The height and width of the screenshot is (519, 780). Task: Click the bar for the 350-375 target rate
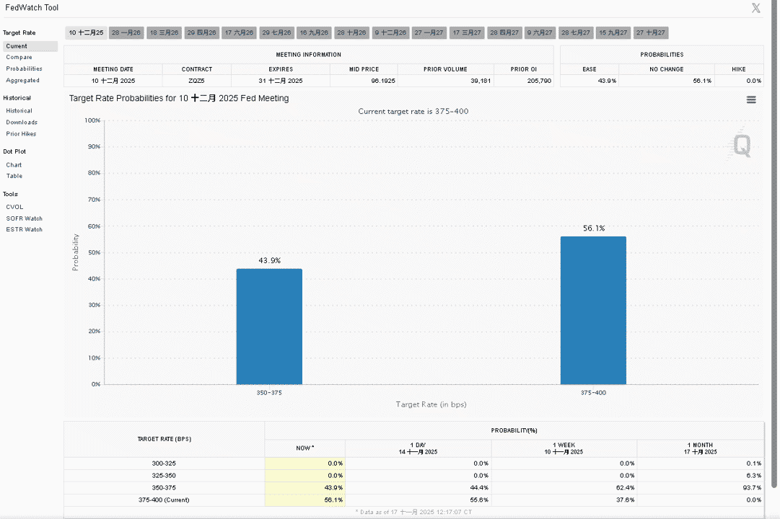tap(269, 327)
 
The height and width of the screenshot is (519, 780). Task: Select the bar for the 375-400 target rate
tap(593, 310)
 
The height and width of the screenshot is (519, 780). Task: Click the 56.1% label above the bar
tap(594, 229)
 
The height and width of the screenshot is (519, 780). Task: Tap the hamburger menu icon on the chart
tap(751, 100)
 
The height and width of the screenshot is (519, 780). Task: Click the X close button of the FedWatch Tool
tap(756, 8)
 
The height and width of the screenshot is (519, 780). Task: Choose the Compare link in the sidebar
tap(19, 57)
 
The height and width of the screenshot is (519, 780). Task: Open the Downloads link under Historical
tap(22, 123)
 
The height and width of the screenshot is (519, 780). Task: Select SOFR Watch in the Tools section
tap(24, 218)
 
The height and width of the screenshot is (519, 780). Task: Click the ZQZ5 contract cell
tap(196, 81)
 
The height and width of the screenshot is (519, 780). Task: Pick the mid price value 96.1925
tap(383, 81)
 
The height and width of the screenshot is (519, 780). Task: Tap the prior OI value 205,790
tap(539, 81)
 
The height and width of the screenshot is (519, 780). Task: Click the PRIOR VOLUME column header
tap(445, 69)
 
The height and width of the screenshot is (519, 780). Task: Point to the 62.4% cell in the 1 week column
tap(626, 488)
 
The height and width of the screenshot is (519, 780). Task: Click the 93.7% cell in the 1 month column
tap(752, 488)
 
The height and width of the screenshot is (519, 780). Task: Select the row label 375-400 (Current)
tap(164, 500)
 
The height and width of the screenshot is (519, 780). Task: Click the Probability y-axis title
tap(76, 252)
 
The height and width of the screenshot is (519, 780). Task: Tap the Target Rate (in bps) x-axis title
tap(431, 404)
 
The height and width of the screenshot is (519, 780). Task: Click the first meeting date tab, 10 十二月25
tap(86, 33)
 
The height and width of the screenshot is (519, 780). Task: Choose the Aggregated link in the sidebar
tap(22, 80)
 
